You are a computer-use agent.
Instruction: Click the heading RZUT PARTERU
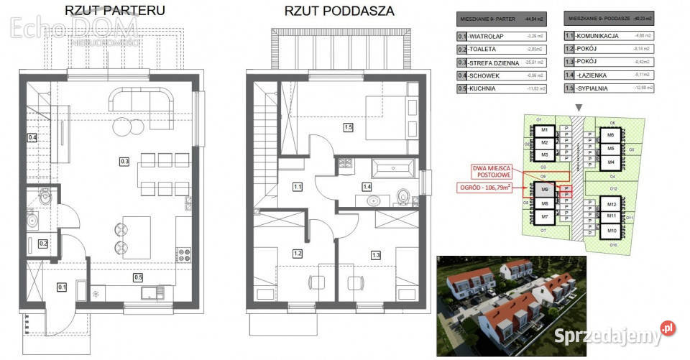(114, 11)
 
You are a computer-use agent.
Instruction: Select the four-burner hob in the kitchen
(183, 254)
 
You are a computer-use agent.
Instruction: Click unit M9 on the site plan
(545, 190)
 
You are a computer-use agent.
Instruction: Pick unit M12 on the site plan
(612, 205)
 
